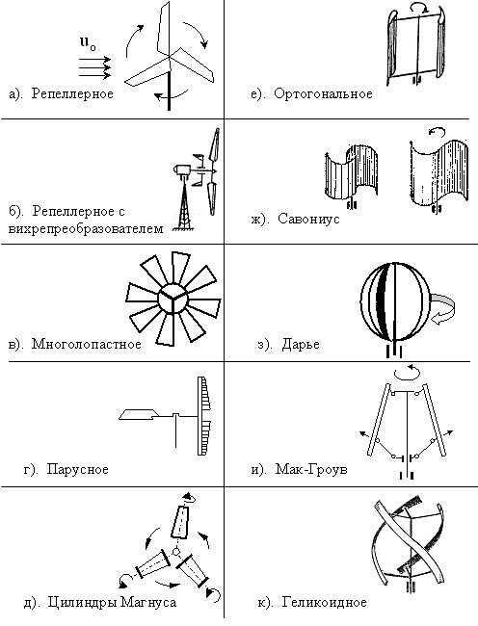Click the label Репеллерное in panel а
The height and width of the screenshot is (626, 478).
tap(72, 93)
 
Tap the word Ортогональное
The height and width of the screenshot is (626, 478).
tap(323, 93)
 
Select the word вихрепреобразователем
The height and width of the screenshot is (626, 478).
tap(86, 229)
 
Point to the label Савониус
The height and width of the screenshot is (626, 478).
tap(308, 219)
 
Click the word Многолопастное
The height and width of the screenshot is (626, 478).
tap(87, 344)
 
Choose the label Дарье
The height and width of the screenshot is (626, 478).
tap(301, 344)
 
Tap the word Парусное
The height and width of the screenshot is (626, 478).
tap(77, 469)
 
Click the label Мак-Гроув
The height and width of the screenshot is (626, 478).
tap(311, 469)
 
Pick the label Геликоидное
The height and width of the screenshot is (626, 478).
tap(324, 602)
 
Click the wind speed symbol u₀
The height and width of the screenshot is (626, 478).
tap(88, 42)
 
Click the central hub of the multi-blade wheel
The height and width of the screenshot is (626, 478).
tap(173, 299)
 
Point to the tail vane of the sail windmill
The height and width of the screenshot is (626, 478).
tap(138, 414)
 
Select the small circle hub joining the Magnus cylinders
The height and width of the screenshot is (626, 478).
tap(175, 552)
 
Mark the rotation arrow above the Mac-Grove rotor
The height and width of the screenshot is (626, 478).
tap(407, 372)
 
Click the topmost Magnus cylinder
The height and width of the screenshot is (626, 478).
tap(180, 523)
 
